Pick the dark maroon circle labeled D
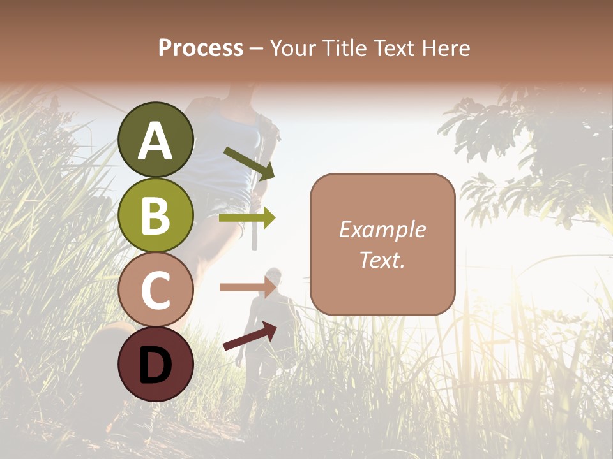coord(156,364)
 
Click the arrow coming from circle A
coord(249,163)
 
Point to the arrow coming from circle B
coord(247,218)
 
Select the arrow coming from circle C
coord(247,287)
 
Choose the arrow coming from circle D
coord(250,336)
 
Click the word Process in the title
coord(201,48)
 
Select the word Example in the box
coord(382,229)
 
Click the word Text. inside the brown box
coord(382,260)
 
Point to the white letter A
coord(156,141)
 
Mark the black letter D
coord(156,365)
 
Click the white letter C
coord(156,291)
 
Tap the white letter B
coord(156,216)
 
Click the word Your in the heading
coord(294,48)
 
